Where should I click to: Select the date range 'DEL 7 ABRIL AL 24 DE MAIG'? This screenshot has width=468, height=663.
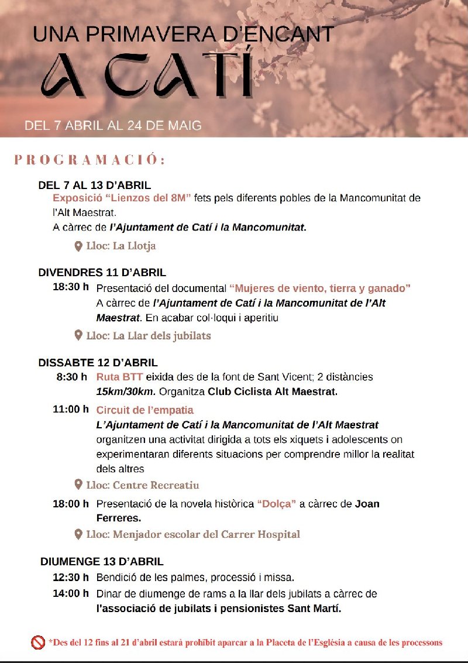(x=113, y=125)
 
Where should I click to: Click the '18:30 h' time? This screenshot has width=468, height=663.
(x=71, y=287)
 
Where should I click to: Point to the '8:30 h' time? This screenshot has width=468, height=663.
(x=73, y=377)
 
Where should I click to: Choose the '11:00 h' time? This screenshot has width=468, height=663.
(x=71, y=409)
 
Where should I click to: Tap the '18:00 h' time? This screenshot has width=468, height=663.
(x=71, y=503)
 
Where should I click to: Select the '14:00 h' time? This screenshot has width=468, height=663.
(x=71, y=593)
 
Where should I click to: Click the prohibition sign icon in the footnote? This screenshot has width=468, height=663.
(x=38, y=642)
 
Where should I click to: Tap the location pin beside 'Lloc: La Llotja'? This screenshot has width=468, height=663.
(x=78, y=246)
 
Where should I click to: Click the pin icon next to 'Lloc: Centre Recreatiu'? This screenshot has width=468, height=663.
(x=78, y=485)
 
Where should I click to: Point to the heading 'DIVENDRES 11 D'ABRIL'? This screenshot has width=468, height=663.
(x=102, y=272)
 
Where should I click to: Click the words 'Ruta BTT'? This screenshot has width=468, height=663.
(x=116, y=377)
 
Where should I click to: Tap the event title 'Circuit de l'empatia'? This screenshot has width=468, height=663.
(x=145, y=410)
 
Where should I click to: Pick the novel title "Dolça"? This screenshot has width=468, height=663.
(x=276, y=504)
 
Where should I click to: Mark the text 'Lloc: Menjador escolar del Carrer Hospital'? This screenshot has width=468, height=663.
(x=193, y=534)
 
